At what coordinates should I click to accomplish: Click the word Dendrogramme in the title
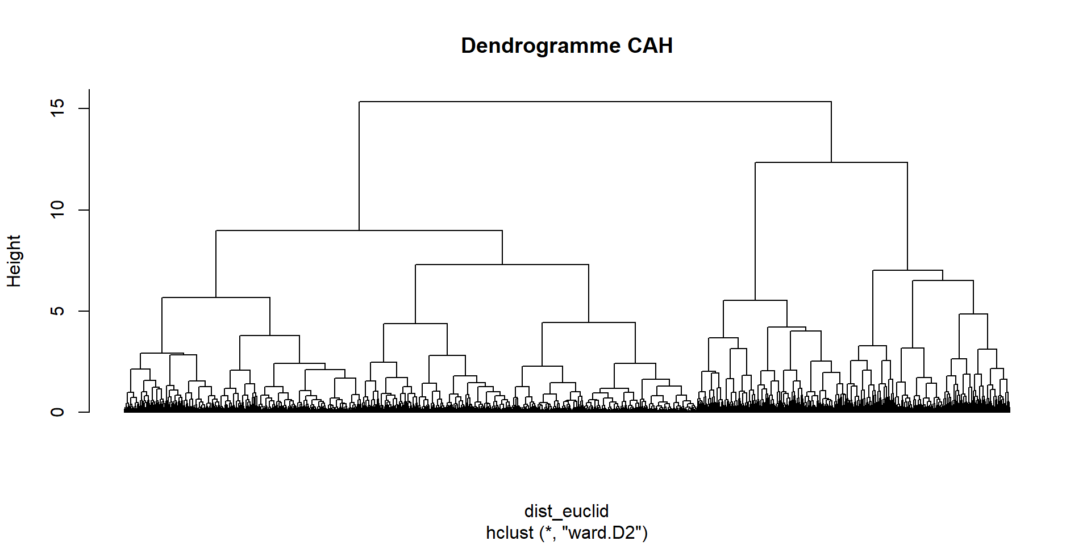pyautogui.click(x=539, y=46)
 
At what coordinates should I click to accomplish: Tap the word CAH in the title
pyautogui.click(x=649, y=46)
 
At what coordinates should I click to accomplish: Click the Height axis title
pyautogui.click(x=14, y=261)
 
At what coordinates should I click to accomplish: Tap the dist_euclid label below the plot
pyautogui.click(x=567, y=511)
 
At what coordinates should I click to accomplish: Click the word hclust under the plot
pyautogui.click(x=510, y=533)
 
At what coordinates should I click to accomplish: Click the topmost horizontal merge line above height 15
pyautogui.click(x=595, y=102)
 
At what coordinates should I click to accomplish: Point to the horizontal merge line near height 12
pyautogui.click(x=831, y=162)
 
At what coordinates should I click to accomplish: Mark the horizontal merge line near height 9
pyautogui.click(x=359, y=230)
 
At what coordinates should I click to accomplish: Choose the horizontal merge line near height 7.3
pyautogui.click(x=502, y=265)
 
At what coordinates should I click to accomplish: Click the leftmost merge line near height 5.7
pyautogui.click(x=216, y=297)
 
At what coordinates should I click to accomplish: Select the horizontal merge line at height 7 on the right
pyautogui.click(x=907, y=270)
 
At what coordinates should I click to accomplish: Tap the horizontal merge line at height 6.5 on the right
pyautogui.click(x=943, y=280)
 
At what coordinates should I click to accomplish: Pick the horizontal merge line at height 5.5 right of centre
pyautogui.click(x=755, y=300)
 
